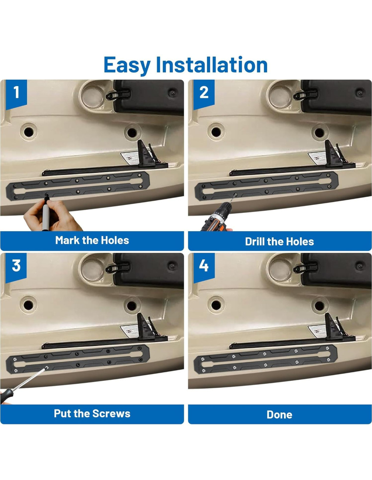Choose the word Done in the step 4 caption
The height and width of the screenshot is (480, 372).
pos(279,415)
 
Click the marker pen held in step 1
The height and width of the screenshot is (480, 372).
pos(46,213)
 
